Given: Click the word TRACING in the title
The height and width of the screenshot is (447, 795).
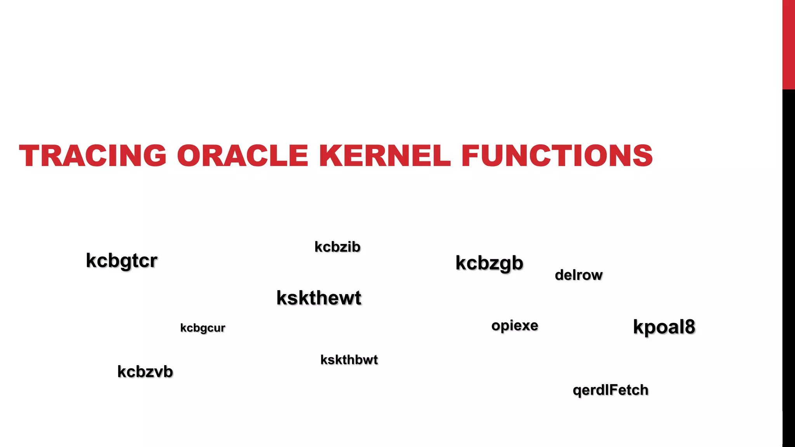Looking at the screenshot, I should [93, 156].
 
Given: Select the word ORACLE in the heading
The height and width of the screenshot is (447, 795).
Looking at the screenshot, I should [243, 156].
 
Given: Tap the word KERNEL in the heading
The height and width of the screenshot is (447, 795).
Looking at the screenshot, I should [385, 156].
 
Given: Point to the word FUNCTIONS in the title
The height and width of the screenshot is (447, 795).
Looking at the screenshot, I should [557, 156].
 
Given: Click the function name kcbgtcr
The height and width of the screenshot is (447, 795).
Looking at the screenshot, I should [122, 261].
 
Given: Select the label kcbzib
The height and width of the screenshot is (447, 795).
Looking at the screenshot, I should [337, 247].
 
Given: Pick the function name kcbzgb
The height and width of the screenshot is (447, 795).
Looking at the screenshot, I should [489, 263].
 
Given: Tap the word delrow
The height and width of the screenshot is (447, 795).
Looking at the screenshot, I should [578, 275].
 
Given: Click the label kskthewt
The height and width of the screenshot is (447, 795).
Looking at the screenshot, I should [319, 298].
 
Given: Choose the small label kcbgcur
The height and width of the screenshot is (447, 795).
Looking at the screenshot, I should [203, 328].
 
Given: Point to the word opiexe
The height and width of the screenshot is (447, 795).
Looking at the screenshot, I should [515, 326].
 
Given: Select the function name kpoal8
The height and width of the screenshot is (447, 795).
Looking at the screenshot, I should [664, 327].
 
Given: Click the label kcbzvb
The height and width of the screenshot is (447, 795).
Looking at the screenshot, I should [145, 372].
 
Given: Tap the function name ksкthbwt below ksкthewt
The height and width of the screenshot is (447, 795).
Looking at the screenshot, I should [349, 360].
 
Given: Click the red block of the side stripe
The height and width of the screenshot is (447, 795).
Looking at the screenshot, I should [788, 45].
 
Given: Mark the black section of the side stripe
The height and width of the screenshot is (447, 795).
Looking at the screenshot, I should [788, 268].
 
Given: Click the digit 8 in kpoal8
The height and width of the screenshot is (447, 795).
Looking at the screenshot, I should [689, 327].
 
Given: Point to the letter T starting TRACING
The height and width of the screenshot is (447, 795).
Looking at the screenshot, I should [29, 156].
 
